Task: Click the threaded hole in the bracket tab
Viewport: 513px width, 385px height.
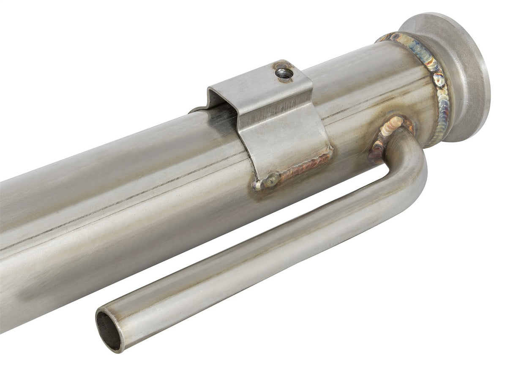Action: pyautogui.click(x=284, y=73)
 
